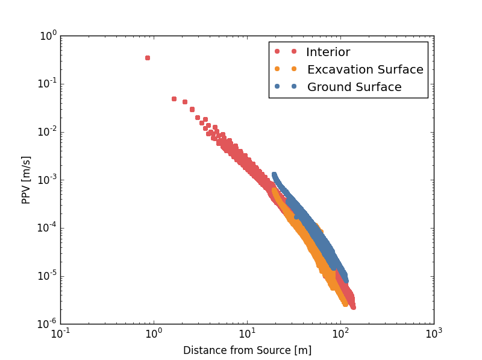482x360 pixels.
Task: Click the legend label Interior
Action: pyautogui.click(x=328, y=52)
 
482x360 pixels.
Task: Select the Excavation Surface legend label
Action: pyautogui.click(x=365, y=70)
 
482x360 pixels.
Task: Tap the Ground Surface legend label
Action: pyautogui.click(x=354, y=87)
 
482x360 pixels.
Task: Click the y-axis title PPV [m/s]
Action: pyautogui.click(x=27, y=180)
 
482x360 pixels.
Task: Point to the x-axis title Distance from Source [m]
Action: pyautogui.click(x=247, y=350)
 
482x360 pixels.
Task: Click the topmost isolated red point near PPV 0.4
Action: pyautogui.click(x=148, y=58)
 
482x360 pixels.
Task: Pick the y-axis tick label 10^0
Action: pyautogui.click(x=48, y=36)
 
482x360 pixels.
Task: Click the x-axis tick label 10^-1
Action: pyautogui.click(x=60, y=334)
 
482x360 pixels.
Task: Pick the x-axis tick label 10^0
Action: pyautogui.click(x=154, y=334)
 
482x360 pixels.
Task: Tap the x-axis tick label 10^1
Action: pyautogui.click(x=247, y=334)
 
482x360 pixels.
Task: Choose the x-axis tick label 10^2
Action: pyautogui.click(x=340, y=334)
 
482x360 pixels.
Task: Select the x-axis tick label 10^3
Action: pyautogui.click(x=434, y=334)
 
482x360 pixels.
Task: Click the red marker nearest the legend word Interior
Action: pyautogui.click(x=294, y=52)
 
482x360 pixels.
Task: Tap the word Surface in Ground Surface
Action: pyautogui.click(x=378, y=87)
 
